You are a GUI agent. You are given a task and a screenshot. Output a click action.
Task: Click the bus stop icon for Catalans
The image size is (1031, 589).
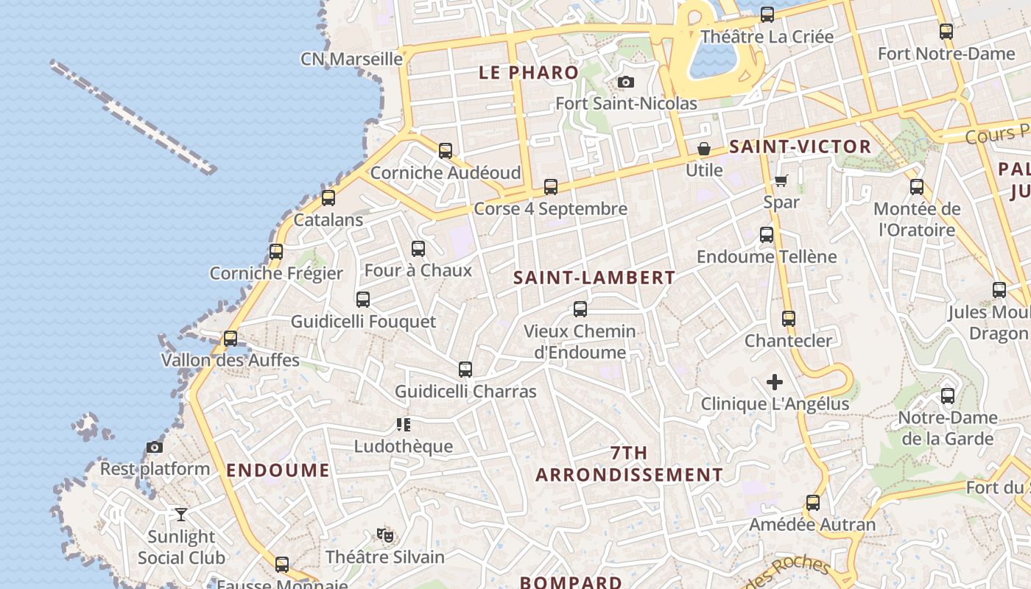click(328, 198)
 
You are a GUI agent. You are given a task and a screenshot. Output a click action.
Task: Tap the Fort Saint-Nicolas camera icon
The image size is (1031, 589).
click(626, 82)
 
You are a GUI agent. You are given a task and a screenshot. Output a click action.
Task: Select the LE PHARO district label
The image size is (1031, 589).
click(529, 72)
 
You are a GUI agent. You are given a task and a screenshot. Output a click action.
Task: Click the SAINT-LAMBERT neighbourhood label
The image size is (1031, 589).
click(594, 278)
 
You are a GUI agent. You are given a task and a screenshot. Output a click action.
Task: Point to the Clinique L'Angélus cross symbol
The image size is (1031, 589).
click(775, 382)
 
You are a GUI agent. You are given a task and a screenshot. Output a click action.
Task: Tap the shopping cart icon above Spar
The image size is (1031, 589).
click(781, 180)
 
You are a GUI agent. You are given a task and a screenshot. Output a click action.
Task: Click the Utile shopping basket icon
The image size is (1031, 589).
click(704, 149)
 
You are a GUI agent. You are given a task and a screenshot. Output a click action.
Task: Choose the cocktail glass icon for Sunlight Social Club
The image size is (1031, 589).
click(181, 514)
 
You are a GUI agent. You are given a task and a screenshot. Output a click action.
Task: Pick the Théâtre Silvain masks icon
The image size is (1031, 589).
click(383, 535)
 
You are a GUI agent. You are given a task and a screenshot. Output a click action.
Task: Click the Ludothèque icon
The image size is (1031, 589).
click(403, 424)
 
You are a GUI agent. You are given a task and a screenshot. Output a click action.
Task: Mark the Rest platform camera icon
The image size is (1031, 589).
click(155, 447)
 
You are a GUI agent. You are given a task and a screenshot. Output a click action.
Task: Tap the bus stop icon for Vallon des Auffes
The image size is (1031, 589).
click(231, 339)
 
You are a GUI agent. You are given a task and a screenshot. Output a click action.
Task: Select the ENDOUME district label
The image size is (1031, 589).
click(278, 470)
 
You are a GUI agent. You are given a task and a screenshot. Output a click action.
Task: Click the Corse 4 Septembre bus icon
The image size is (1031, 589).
click(551, 187)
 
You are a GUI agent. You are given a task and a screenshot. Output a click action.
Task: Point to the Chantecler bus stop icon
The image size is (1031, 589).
click(789, 319)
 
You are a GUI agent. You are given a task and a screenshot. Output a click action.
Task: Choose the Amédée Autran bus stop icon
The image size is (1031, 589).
click(813, 503)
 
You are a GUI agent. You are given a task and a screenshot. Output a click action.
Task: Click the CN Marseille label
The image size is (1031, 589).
click(351, 59)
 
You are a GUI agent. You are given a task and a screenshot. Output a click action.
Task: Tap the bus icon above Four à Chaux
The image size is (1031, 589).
click(418, 249)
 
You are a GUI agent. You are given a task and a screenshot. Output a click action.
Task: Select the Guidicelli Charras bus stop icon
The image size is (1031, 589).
click(465, 370)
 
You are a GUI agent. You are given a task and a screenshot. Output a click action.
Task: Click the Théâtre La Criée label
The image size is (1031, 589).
click(767, 36)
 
